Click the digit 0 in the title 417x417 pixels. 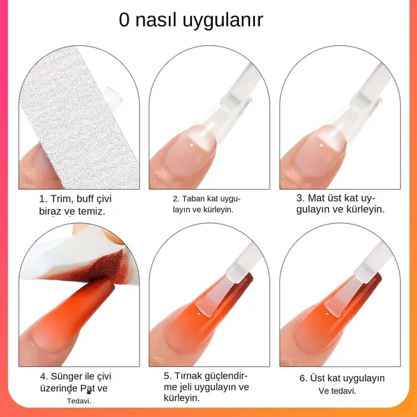[x=124, y=20]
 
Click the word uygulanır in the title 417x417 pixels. [x=223, y=21]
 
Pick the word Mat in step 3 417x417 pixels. [x=316, y=198]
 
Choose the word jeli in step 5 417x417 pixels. [x=186, y=387]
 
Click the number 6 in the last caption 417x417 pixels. [x=302, y=378]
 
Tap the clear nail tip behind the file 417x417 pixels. [x=113, y=96]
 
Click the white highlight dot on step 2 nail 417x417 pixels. [x=192, y=145]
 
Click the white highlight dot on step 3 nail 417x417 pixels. [x=322, y=145]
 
